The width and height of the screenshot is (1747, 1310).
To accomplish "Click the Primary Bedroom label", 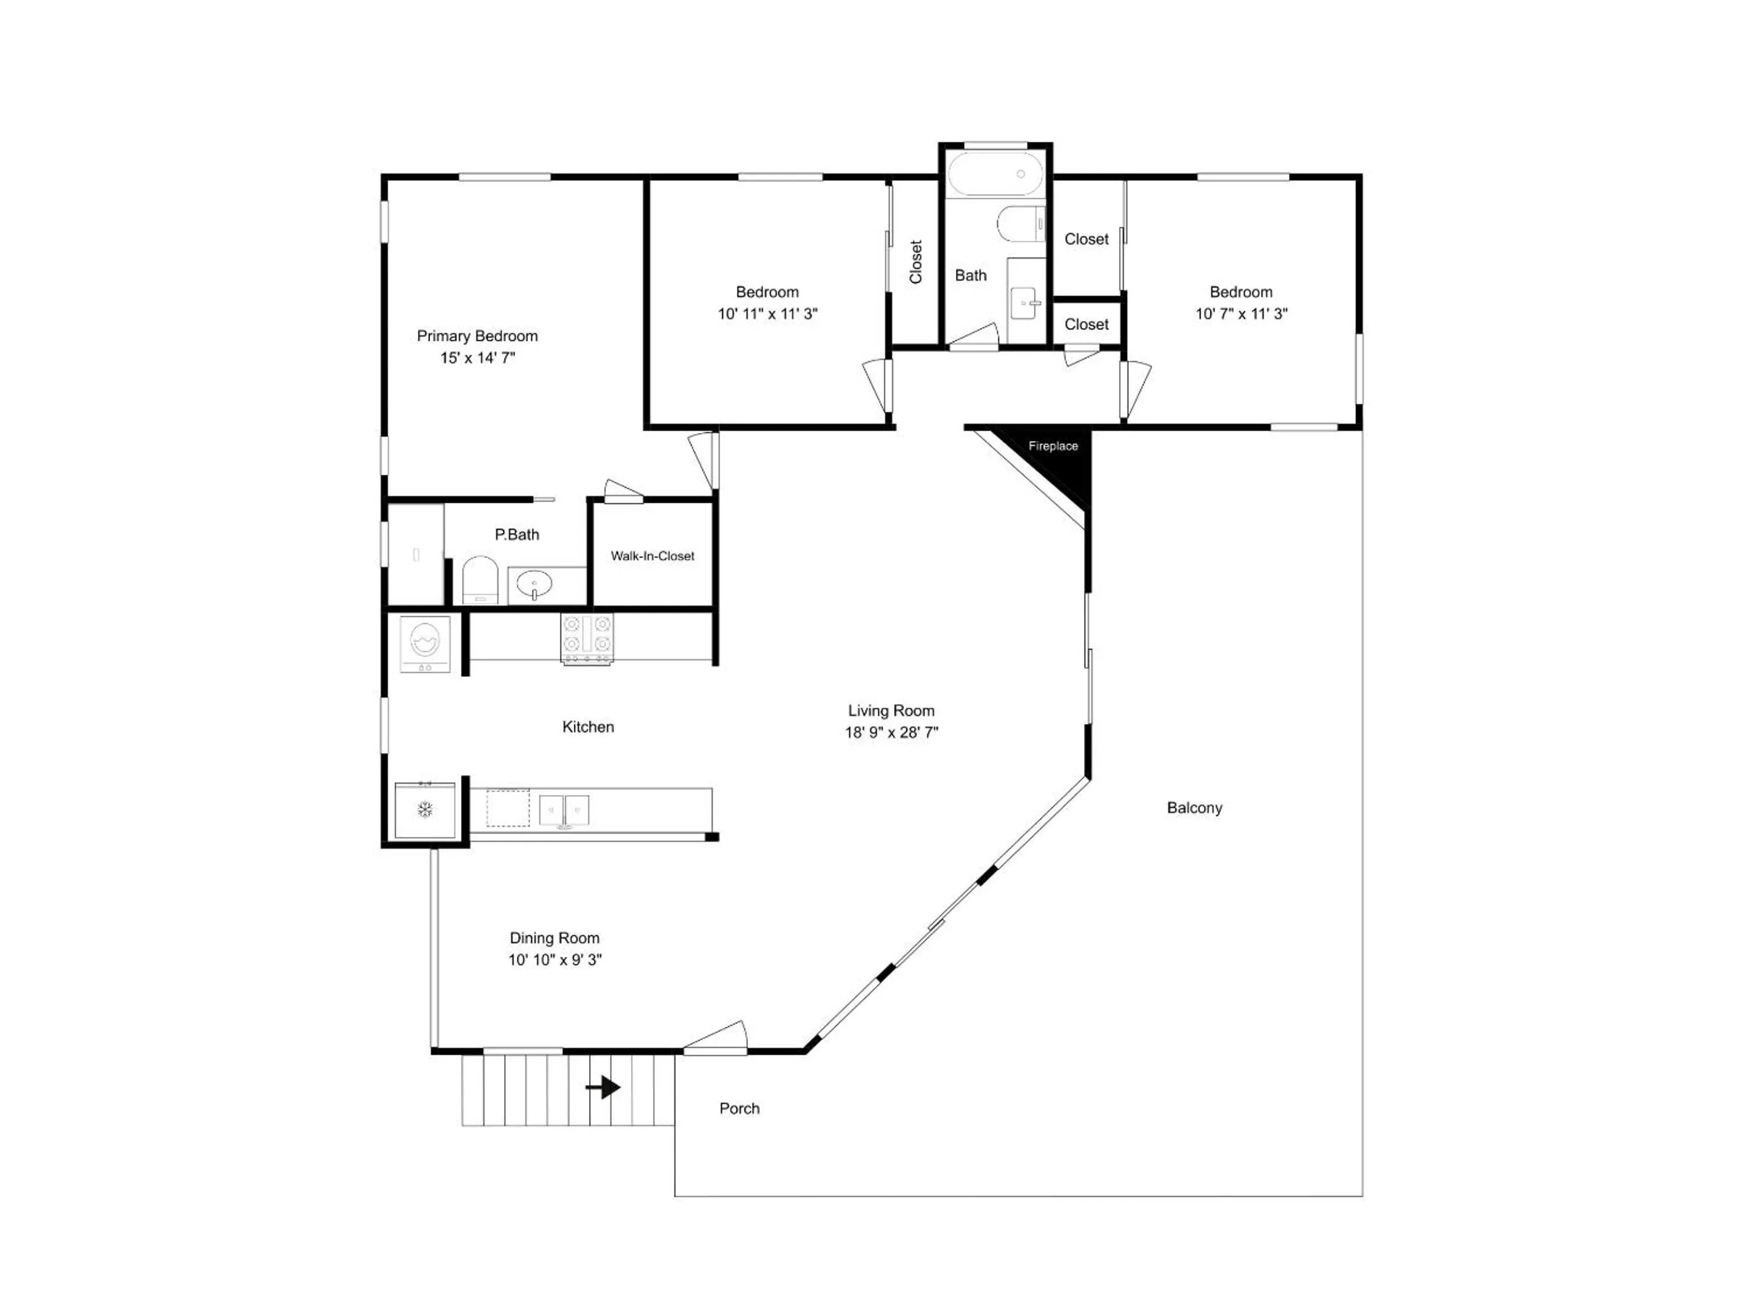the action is coord(477,335).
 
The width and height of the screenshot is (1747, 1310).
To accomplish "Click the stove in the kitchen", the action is coord(586,638).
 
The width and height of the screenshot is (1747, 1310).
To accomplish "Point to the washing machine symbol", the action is coord(425,644).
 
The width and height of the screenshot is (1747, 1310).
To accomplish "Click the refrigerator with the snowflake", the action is coord(425,810).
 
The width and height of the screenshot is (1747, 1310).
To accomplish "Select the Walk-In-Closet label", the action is coord(652,556).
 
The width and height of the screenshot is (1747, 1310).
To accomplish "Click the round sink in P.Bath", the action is coord(534,586).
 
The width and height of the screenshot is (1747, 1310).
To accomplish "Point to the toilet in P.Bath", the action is coord(479,580).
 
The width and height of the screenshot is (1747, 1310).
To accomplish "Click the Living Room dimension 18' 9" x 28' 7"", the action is coord(892,732).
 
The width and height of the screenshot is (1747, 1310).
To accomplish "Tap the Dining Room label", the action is coord(554,938).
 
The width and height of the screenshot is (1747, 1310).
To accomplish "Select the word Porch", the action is coord(739,1109).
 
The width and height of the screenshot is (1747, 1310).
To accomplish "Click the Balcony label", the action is coord(1194,808).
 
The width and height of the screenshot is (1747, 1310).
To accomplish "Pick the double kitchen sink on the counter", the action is coord(564,810).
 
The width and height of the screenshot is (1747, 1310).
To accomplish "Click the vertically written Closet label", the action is coord(916,262).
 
